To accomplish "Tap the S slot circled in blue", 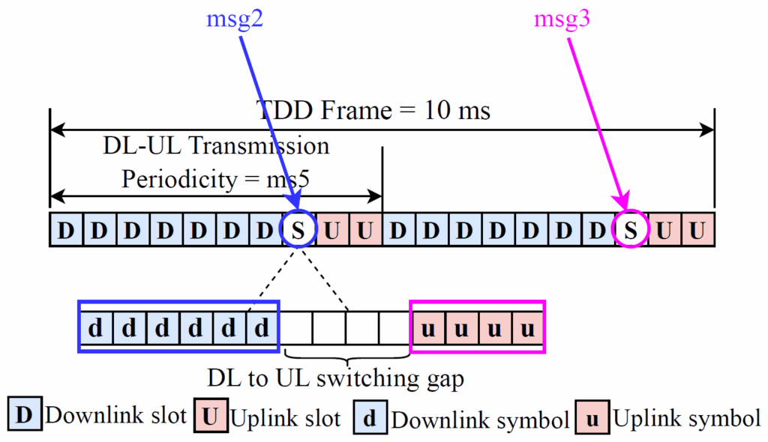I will pos(298,230).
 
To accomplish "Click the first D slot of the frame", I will pos(66,230).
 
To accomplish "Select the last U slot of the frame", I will pos(698,230).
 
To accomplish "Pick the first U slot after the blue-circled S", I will pos(332,230).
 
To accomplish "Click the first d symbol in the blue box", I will pos(96,327).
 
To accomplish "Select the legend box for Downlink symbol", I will pos(370,418).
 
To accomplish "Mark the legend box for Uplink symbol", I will pos(592,418).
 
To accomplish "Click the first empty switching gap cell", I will pos(295,327).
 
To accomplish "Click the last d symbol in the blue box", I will pos(261,327).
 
